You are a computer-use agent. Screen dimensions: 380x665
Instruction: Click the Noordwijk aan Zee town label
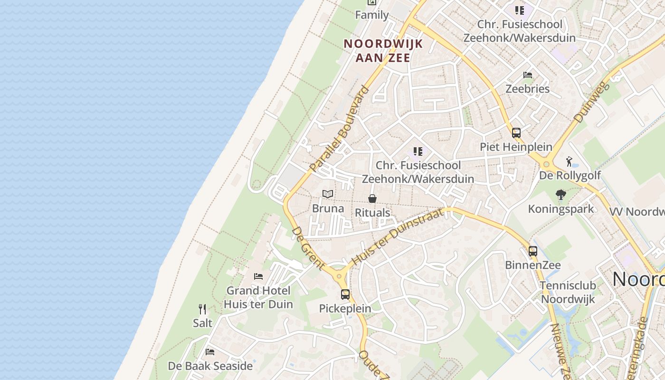click(383, 50)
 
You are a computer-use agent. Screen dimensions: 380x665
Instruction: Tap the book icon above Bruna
click(328, 194)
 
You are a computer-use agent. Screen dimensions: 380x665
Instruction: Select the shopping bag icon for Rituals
click(372, 199)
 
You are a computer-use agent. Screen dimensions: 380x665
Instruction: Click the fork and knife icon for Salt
click(202, 309)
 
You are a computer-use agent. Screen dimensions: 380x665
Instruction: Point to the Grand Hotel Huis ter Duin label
click(258, 297)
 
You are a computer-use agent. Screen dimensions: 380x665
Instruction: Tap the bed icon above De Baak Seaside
click(210, 352)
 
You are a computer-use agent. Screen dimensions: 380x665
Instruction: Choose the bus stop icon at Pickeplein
click(345, 294)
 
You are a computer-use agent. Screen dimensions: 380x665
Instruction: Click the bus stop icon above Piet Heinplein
click(516, 133)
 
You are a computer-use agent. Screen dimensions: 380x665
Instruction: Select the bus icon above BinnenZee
click(533, 251)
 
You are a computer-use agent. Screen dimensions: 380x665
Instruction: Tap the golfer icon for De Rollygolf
click(570, 162)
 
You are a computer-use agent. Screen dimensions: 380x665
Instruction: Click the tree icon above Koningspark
click(561, 194)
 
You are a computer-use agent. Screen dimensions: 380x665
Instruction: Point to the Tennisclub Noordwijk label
click(568, 293)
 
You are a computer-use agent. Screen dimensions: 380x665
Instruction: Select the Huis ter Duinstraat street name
click(399, 237)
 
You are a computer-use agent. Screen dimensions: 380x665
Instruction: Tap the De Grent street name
click(308, 248)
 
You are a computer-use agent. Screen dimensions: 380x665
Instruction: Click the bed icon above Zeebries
click(527, 75)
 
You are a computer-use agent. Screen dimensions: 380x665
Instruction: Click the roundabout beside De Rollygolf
click(546, 165)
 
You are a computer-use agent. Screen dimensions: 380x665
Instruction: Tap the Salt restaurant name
click(202, 323)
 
